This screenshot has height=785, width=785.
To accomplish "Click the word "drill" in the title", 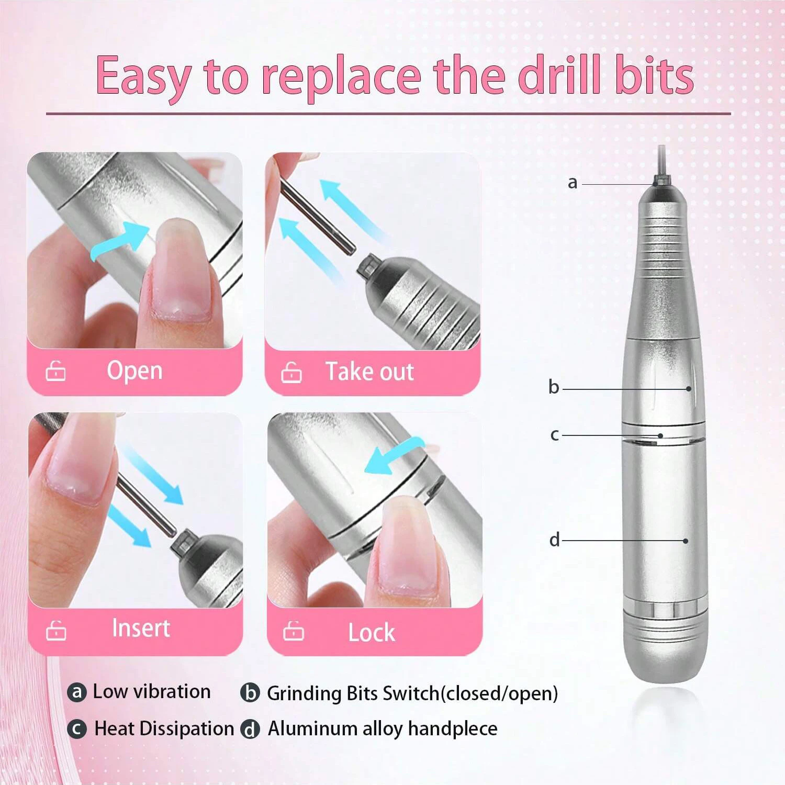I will (x=558, y=76).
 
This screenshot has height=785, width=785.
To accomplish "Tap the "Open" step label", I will (x=134, y=371).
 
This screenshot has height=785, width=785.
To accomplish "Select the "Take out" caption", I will (x=369, y=372).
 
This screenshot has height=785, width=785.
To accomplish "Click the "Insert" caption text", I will (x=141, y=628).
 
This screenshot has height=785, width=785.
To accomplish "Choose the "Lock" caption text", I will (x=372, y=632).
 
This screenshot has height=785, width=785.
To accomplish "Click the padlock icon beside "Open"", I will (x=55, y=371).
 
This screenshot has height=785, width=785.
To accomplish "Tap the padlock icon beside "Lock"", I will (x=293, y=631).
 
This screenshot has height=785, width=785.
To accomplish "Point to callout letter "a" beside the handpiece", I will (x=573, y=183).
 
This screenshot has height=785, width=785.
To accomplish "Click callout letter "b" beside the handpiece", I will (x=554, y=387).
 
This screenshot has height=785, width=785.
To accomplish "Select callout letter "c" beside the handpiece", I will (x=555, y=435).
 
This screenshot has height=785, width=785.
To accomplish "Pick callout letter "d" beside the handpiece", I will (x=554, y=540).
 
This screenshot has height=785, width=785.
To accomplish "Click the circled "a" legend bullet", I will (x=77, y=692).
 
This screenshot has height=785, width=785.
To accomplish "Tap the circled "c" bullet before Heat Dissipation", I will (x=77, y=729).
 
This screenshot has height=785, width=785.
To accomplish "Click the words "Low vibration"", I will (x=152, y=691).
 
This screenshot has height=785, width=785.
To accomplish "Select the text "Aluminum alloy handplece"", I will (x=383, y=728).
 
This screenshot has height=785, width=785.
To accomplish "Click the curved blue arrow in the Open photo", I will (x=119, y=240).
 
